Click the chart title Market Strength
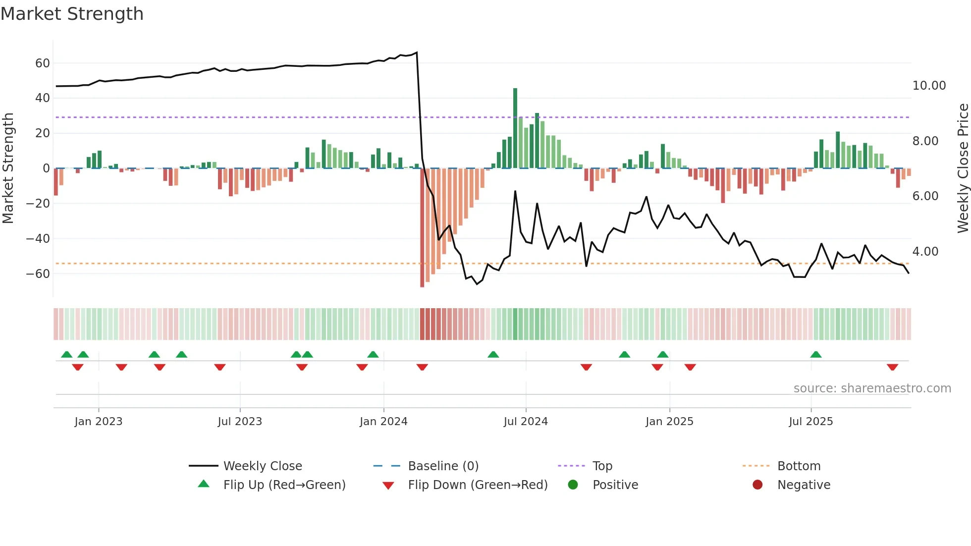tap(72, 14)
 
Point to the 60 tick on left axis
tap(43, 63)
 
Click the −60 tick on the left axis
tap(38, 274)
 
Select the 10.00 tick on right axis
tap(929, 86)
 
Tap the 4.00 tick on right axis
tap(925, 252)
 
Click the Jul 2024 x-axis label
tap(526, 422)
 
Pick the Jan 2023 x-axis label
tap(99, 422)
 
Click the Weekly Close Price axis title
tap(963, 168)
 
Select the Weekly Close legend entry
tap(262, 466)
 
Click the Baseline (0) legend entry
tap(443, 466)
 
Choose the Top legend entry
tap(602, 466)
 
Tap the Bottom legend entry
tap(799, 466)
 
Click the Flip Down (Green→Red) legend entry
tap(478, 485)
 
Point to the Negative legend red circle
tap(757, 485)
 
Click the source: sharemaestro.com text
tap(872, 388)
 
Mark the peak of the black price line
tap(417, 53)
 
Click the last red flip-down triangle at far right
tap(892, 367)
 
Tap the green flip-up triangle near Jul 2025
tap(816, 354)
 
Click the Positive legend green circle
tap(573, 485)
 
